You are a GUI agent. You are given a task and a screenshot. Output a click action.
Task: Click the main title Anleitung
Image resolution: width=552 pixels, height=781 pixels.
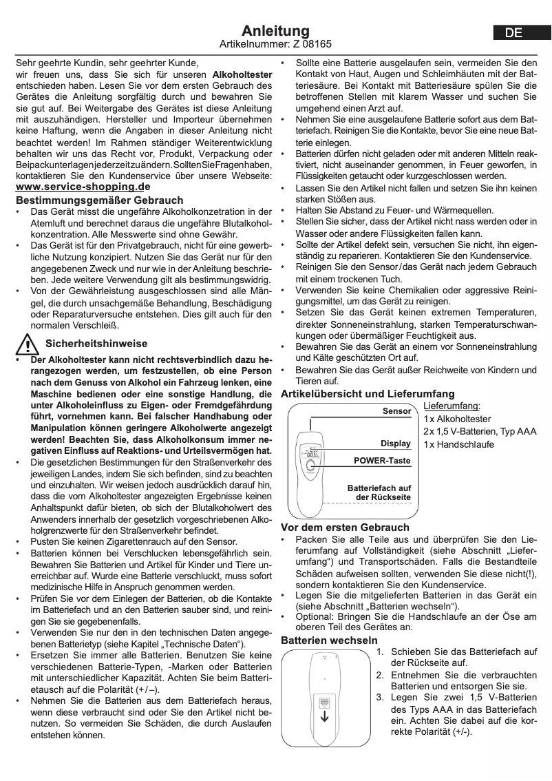point(275,31)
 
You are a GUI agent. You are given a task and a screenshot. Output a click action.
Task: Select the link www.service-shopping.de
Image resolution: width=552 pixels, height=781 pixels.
point(83,187)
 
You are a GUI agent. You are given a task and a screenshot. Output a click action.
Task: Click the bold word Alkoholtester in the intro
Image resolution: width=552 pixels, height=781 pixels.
point(242,73)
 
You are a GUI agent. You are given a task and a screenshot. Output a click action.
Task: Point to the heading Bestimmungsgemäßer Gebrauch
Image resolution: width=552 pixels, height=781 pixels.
point(100,200)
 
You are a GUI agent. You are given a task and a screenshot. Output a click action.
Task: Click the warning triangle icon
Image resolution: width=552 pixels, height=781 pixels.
point(27,343)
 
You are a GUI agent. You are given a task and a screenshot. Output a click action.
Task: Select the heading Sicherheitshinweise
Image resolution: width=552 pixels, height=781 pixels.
point(96,343)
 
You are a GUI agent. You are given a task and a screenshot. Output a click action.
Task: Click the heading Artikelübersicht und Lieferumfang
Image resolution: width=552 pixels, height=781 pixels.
point(368,394)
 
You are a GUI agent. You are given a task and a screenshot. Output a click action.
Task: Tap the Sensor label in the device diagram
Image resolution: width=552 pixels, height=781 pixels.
point(396,411)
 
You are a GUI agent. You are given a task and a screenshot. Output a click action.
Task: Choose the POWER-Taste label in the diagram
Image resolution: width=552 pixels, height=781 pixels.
point(382,460)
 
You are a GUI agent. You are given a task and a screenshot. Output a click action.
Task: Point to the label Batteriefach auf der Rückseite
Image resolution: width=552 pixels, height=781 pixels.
point(379,492)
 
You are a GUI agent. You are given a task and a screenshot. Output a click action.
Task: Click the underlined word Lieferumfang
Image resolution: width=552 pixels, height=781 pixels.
point(452,406)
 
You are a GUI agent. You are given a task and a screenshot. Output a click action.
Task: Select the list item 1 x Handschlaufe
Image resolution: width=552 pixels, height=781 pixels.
point(458,444)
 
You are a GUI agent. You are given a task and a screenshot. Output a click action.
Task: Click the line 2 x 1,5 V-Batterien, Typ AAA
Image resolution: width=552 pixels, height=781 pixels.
point(480,431)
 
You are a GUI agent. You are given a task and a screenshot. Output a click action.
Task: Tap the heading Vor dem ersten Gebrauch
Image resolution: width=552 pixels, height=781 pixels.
point(345,527)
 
